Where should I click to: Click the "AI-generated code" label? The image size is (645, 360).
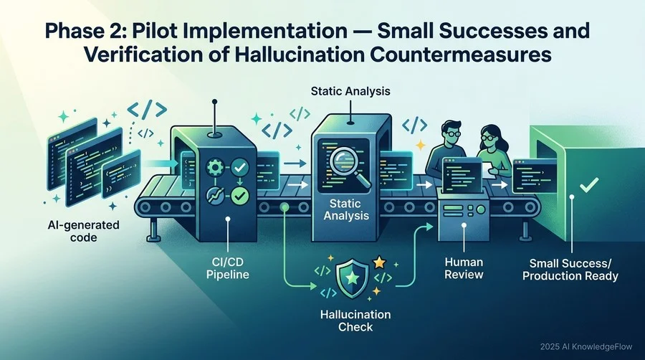click(84, 231)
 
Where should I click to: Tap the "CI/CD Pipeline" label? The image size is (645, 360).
click(227, 267)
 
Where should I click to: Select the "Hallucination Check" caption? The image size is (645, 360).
click(355, 321)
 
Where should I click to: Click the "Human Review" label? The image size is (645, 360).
click(464, 268)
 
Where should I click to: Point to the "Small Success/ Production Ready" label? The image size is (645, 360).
click(570, 270)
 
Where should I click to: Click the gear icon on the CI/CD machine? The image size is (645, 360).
click(214, 168)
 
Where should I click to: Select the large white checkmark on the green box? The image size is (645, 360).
click(589, 185)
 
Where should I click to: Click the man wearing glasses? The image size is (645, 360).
click(446, 148)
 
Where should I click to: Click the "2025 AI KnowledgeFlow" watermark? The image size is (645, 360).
click(586, 347)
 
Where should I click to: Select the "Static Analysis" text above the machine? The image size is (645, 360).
click(350, 91)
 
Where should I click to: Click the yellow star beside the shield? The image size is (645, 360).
click(379, 262)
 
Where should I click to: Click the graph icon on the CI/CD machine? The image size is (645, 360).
click(215, 196)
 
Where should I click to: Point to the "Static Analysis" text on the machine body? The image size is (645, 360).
click(346, 209)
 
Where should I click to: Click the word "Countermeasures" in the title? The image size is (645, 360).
click(461, 55)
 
